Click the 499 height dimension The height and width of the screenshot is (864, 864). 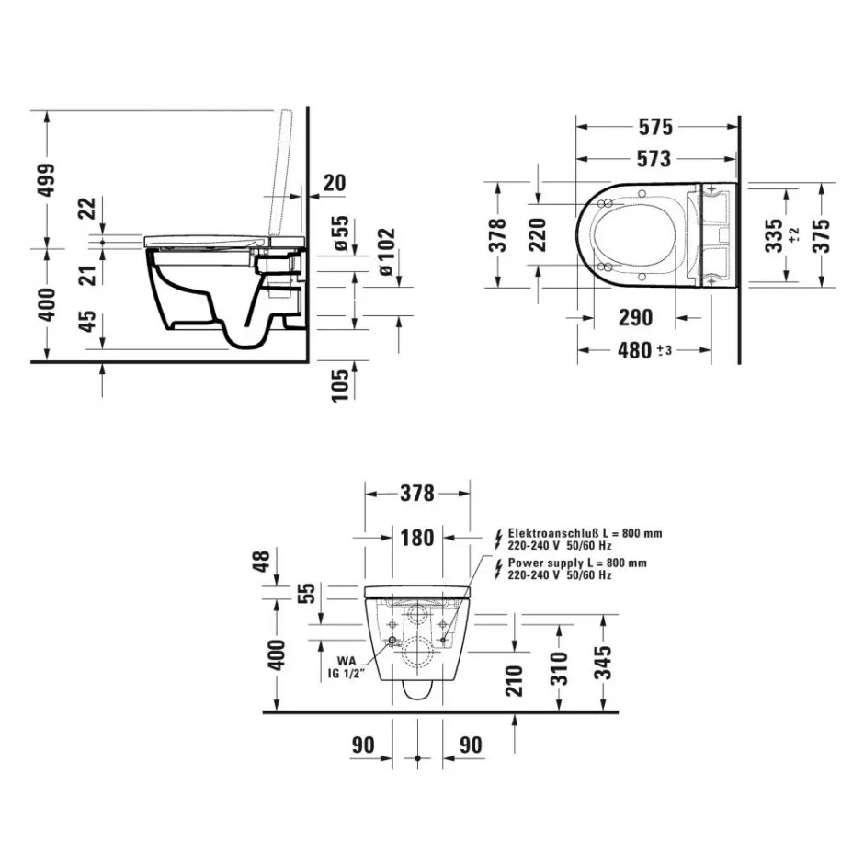[46, 179]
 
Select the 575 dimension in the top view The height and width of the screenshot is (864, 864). [655, 127]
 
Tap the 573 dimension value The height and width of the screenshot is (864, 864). [654, 159]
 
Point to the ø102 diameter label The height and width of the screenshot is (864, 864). [387, 252]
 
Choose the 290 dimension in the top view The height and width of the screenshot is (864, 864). [635, 318]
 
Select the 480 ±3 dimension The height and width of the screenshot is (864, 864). [644, 350]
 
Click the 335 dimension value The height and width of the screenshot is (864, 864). [774, 235]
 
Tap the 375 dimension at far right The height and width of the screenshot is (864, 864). [821, 235]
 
